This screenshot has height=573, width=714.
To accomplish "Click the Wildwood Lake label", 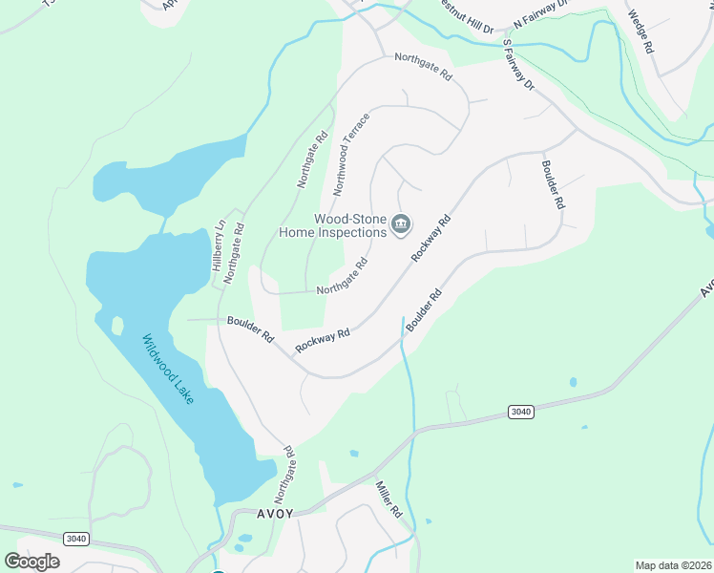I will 168,369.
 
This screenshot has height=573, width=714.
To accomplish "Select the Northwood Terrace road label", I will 349,159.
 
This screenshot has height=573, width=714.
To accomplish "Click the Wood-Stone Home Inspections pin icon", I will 401,225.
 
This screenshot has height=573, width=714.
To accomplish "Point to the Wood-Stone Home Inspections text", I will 332,224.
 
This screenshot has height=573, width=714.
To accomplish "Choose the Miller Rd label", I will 389,499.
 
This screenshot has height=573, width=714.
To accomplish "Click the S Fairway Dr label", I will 517,65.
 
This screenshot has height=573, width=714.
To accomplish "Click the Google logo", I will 31,561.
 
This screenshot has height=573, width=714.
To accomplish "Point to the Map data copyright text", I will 674,565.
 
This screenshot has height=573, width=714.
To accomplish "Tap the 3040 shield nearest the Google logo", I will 76,539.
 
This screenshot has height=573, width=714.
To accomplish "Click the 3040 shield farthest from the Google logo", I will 519,412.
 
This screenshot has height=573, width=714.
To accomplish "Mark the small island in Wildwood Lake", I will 117,325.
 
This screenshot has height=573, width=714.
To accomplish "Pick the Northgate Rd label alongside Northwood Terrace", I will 312,158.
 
